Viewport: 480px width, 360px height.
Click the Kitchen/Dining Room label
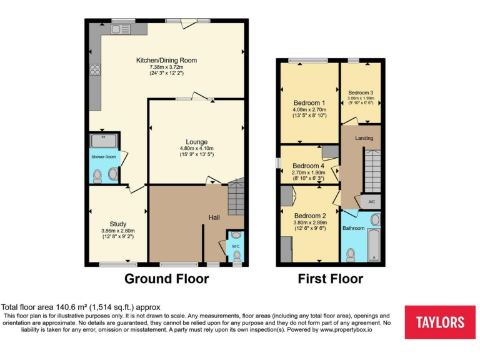pos(167,60)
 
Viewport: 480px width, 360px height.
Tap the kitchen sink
pos(120,29)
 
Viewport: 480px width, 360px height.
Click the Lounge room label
pos(196,142)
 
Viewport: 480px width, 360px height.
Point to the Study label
pos(118,224)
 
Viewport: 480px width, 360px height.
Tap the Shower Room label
pos(103,157)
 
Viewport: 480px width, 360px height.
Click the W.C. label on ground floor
pos(236,246)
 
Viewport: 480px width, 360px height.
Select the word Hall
pos(214,217)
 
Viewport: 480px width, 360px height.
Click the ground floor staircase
pos(236,196)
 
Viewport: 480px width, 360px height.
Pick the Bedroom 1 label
pos(309,103)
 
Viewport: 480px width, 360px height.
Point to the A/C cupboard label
pos(371,202)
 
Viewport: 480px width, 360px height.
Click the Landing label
pos(364,138)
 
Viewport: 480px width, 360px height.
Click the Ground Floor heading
pos(166,279)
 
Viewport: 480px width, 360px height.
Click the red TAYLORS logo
pos(440,322)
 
